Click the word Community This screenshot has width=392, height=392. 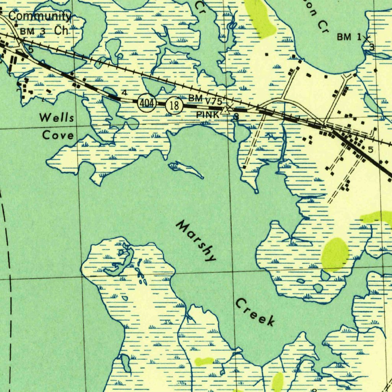click(40, 16)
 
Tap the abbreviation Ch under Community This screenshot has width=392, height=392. click(61, 31)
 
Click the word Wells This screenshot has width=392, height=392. click(57, 117)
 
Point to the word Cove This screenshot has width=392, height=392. click(58, 135)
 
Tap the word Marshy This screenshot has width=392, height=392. click(196, 241)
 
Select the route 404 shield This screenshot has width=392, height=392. click(147, 103)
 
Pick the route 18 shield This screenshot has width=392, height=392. click(174, 106)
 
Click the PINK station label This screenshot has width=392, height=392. click(208, 114)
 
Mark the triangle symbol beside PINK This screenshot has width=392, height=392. click(226, 111)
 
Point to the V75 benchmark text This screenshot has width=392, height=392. click(214, 101)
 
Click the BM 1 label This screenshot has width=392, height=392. click(349, 37)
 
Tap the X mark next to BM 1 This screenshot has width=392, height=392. click(367, 38)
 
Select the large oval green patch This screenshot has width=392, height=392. click(335, 254)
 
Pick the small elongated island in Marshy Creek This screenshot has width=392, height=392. click(186, 169)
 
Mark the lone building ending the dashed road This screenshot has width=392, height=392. click(244, 167)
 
